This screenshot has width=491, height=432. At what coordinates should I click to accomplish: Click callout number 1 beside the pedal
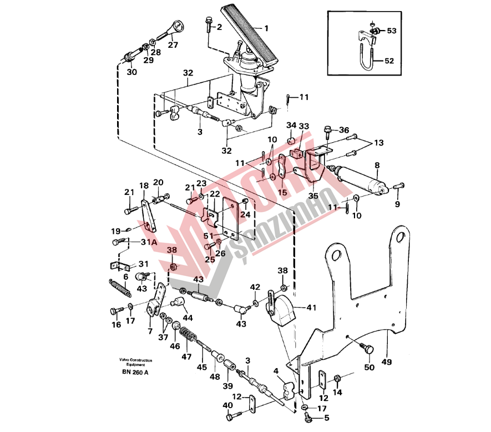[x=265, y=28]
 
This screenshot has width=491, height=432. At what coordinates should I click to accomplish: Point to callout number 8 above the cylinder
[x=377, y=165]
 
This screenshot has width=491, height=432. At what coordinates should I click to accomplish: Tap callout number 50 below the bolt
[x=368, y=367]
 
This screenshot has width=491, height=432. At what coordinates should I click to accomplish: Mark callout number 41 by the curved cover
[x=310, y=307]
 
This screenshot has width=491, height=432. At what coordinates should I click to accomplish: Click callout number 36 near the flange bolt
[x=345, y=130]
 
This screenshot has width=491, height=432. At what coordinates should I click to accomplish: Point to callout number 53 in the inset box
[x=392, y=31]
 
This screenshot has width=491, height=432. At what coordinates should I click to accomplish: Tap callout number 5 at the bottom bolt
[x=327, y=418]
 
